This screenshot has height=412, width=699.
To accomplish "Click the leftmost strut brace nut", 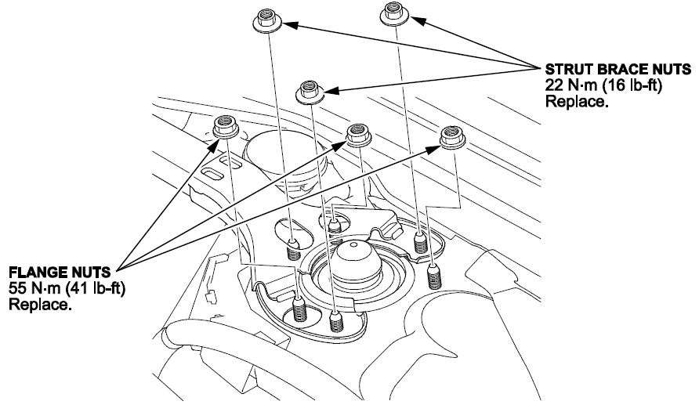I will pyautogui.click(x=269, y=20).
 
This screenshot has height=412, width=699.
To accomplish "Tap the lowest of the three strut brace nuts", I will pyautogui.click(x=310, y=90).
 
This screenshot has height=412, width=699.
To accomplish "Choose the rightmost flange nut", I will pyautogui.click(x=451, y=137).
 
